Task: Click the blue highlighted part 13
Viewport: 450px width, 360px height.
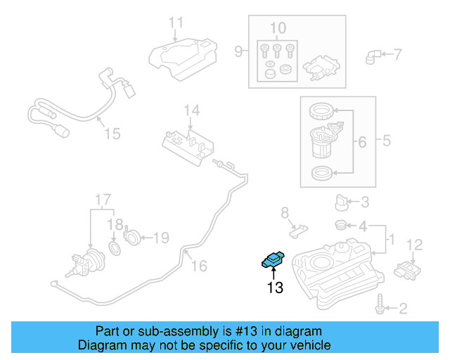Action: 272,260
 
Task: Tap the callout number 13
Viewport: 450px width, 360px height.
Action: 274,287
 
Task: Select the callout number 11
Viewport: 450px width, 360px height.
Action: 176,22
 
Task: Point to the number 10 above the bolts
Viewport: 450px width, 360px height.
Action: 278,29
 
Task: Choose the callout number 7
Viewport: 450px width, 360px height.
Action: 397,54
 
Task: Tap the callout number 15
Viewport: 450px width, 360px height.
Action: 112,133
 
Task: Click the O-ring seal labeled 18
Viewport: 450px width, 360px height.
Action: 115,248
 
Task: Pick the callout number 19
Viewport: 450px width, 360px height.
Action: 161,238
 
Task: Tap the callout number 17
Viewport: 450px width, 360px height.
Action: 103,199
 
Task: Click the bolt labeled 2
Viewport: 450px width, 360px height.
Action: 380,307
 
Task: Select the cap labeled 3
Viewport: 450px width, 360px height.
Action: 342,203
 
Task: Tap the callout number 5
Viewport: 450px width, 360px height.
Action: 386,141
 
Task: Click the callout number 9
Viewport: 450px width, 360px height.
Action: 238,51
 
